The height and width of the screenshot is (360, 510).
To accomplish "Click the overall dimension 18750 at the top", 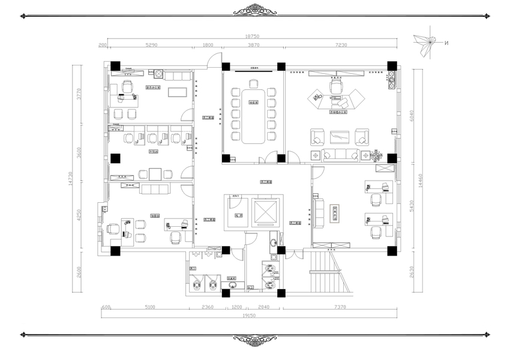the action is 252,36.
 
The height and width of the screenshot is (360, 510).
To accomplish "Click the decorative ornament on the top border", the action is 254,10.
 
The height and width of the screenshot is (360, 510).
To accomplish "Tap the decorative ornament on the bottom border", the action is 254,340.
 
